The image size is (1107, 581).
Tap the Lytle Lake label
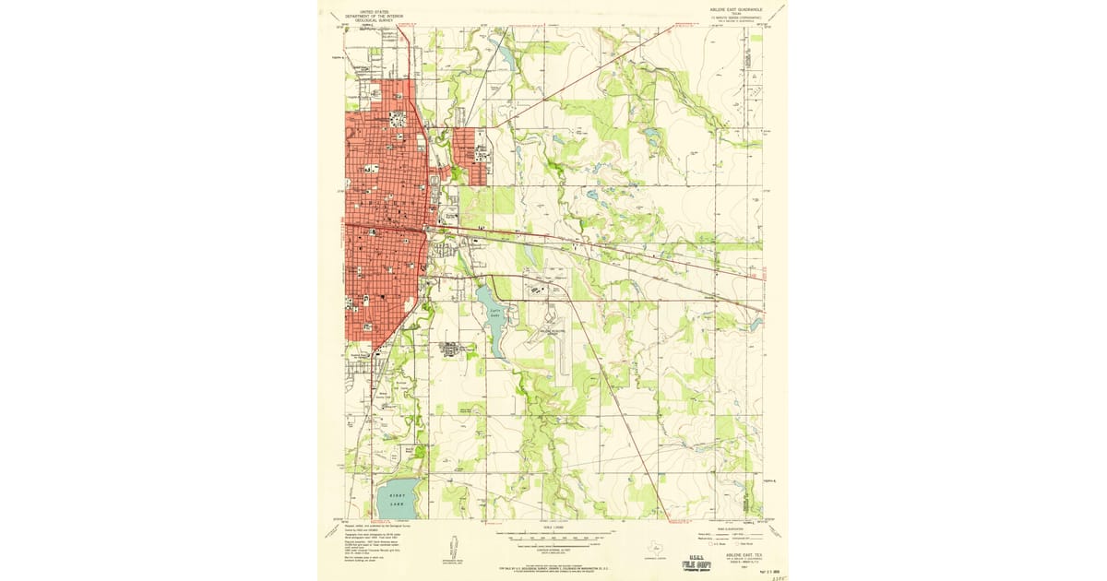pos(494,314)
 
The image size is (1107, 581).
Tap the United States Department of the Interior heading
pos(374,16)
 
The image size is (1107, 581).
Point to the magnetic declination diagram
pos(450,544)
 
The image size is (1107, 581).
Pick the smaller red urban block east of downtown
pos(470,157)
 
